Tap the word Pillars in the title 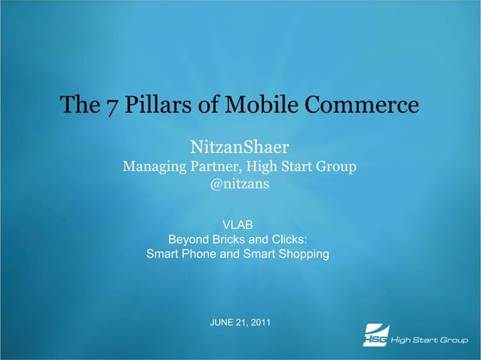click(150, 105)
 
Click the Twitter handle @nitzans click(239, 185)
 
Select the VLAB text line click(237, 224)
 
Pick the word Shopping click(302, 255)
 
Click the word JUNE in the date click(222, 323)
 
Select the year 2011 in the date click(259, 323)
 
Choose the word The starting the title click(76, 105)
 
